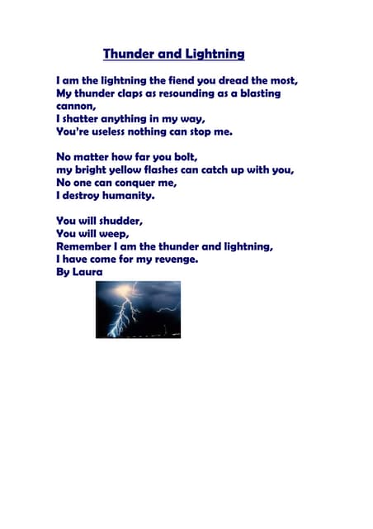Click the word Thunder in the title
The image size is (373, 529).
coord(128,55)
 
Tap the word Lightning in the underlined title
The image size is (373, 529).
coord(214,55)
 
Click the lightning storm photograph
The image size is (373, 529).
coord(138,309)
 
